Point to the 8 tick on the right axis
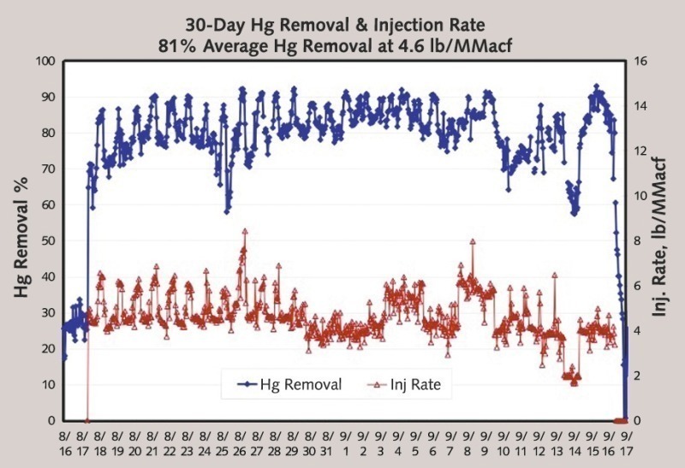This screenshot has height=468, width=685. pos(639,241)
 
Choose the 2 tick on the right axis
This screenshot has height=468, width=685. pos(639,376)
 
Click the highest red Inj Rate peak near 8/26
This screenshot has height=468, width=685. pos(245,230)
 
